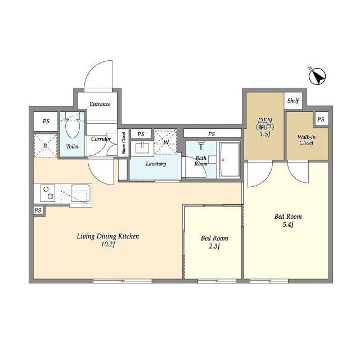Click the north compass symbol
pos(317,76)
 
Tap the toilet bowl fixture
pos(73,125)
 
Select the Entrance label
pos(100,104)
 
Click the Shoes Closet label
pos(124,143)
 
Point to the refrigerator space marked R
pos(46,146)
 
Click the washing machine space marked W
pos(165,142)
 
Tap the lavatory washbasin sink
pos(142,148)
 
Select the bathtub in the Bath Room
pos(229,159)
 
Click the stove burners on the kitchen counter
pos(48,193)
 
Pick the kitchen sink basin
pos(80,193)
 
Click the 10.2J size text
pos(108,244)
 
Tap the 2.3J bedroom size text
pos(214,246)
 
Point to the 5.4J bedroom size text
pos(288,224)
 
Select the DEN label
pos(265,120)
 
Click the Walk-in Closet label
pos(307,140)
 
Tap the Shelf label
pos(293,101)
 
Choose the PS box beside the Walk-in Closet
pos(321,119)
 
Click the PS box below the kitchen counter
pos(38,210)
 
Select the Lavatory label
pos(156,164)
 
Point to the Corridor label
pos(101,139)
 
